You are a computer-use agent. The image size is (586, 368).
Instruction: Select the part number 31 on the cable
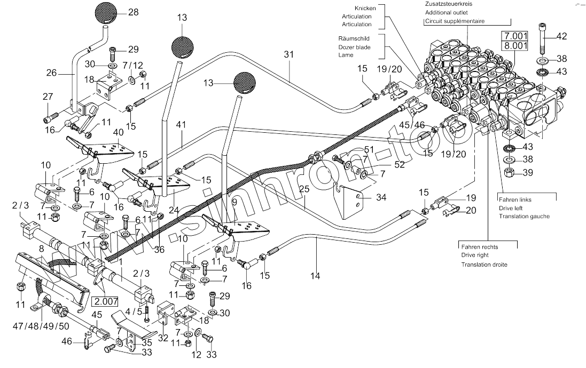pyautogui.click(x=289, y=54)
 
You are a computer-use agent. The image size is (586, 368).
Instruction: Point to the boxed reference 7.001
pyautogui.click(x=512, y=36)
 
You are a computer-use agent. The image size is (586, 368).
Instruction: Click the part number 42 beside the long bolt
pyautogui.click(x=561, y=36)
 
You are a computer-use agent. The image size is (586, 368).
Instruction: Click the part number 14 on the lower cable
pyautogui.click(x=316, y=276)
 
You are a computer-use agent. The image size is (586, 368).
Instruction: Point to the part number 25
pyautogui.click(x=304, y=189)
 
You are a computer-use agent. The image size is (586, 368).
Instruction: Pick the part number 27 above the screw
pyautogui.click(x=48, y=97)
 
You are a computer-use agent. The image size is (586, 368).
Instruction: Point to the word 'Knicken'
pyautogui.click(x=365, y=9)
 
